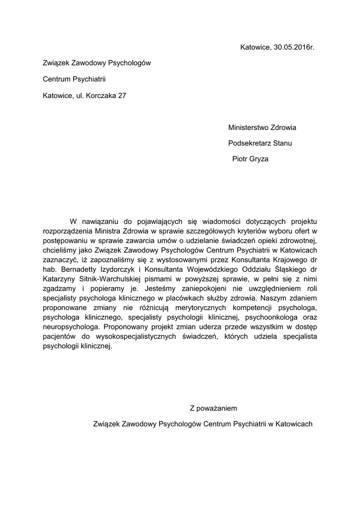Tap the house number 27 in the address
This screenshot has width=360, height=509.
pyautogui.click(x=122, y=95)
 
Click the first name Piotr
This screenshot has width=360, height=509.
pyautogui.click(x=241, y=160)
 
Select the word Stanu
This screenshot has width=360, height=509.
pyautogui.click(x=282, y=144)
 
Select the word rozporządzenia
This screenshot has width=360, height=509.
pyautogui.click(x=68, y=231)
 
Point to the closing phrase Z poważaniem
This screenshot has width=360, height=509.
pyautogui.click(x=213, y=409)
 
